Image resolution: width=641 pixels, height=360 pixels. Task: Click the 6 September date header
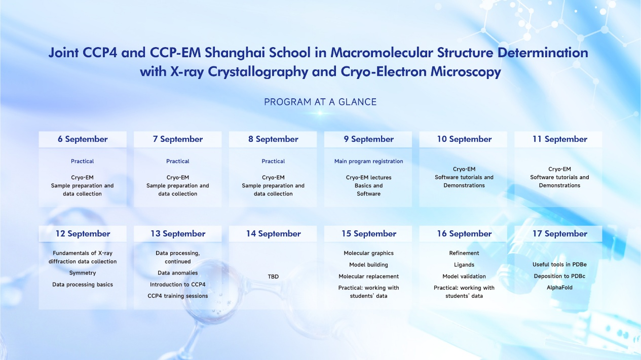tap(83, 139)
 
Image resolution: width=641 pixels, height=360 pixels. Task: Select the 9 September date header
tap(368, 139)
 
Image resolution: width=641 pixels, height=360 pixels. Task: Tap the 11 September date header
tap(559, 139)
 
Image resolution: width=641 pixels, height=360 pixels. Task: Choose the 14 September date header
tap(273, 233)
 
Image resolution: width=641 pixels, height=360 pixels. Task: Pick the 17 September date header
tap(559, 233)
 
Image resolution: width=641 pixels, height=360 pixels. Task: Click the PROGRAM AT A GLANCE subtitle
tap(320, 102)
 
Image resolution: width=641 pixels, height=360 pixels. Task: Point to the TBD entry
tap(273, 276)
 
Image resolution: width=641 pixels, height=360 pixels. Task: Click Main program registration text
tap(368, 162)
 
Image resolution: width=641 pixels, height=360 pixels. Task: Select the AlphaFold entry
tap(559, 288)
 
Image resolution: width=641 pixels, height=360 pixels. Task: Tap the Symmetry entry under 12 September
tap(83, 273)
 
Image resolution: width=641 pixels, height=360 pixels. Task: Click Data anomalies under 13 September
tap(178, 273)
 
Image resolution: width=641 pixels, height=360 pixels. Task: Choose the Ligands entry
tap(464, 265)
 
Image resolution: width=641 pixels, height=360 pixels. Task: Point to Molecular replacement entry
tap(368, 276)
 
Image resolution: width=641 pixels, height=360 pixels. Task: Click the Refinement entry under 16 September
tap(464, 253)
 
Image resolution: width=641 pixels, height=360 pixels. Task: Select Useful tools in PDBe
tap(559, 264)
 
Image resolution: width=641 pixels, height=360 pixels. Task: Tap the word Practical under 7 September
tap(178, 162)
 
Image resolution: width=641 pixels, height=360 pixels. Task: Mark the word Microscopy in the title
tap(466, 71)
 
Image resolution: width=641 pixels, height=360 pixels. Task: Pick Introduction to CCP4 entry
tap(178, 285)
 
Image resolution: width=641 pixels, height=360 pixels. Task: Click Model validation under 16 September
tap(464, 276)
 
